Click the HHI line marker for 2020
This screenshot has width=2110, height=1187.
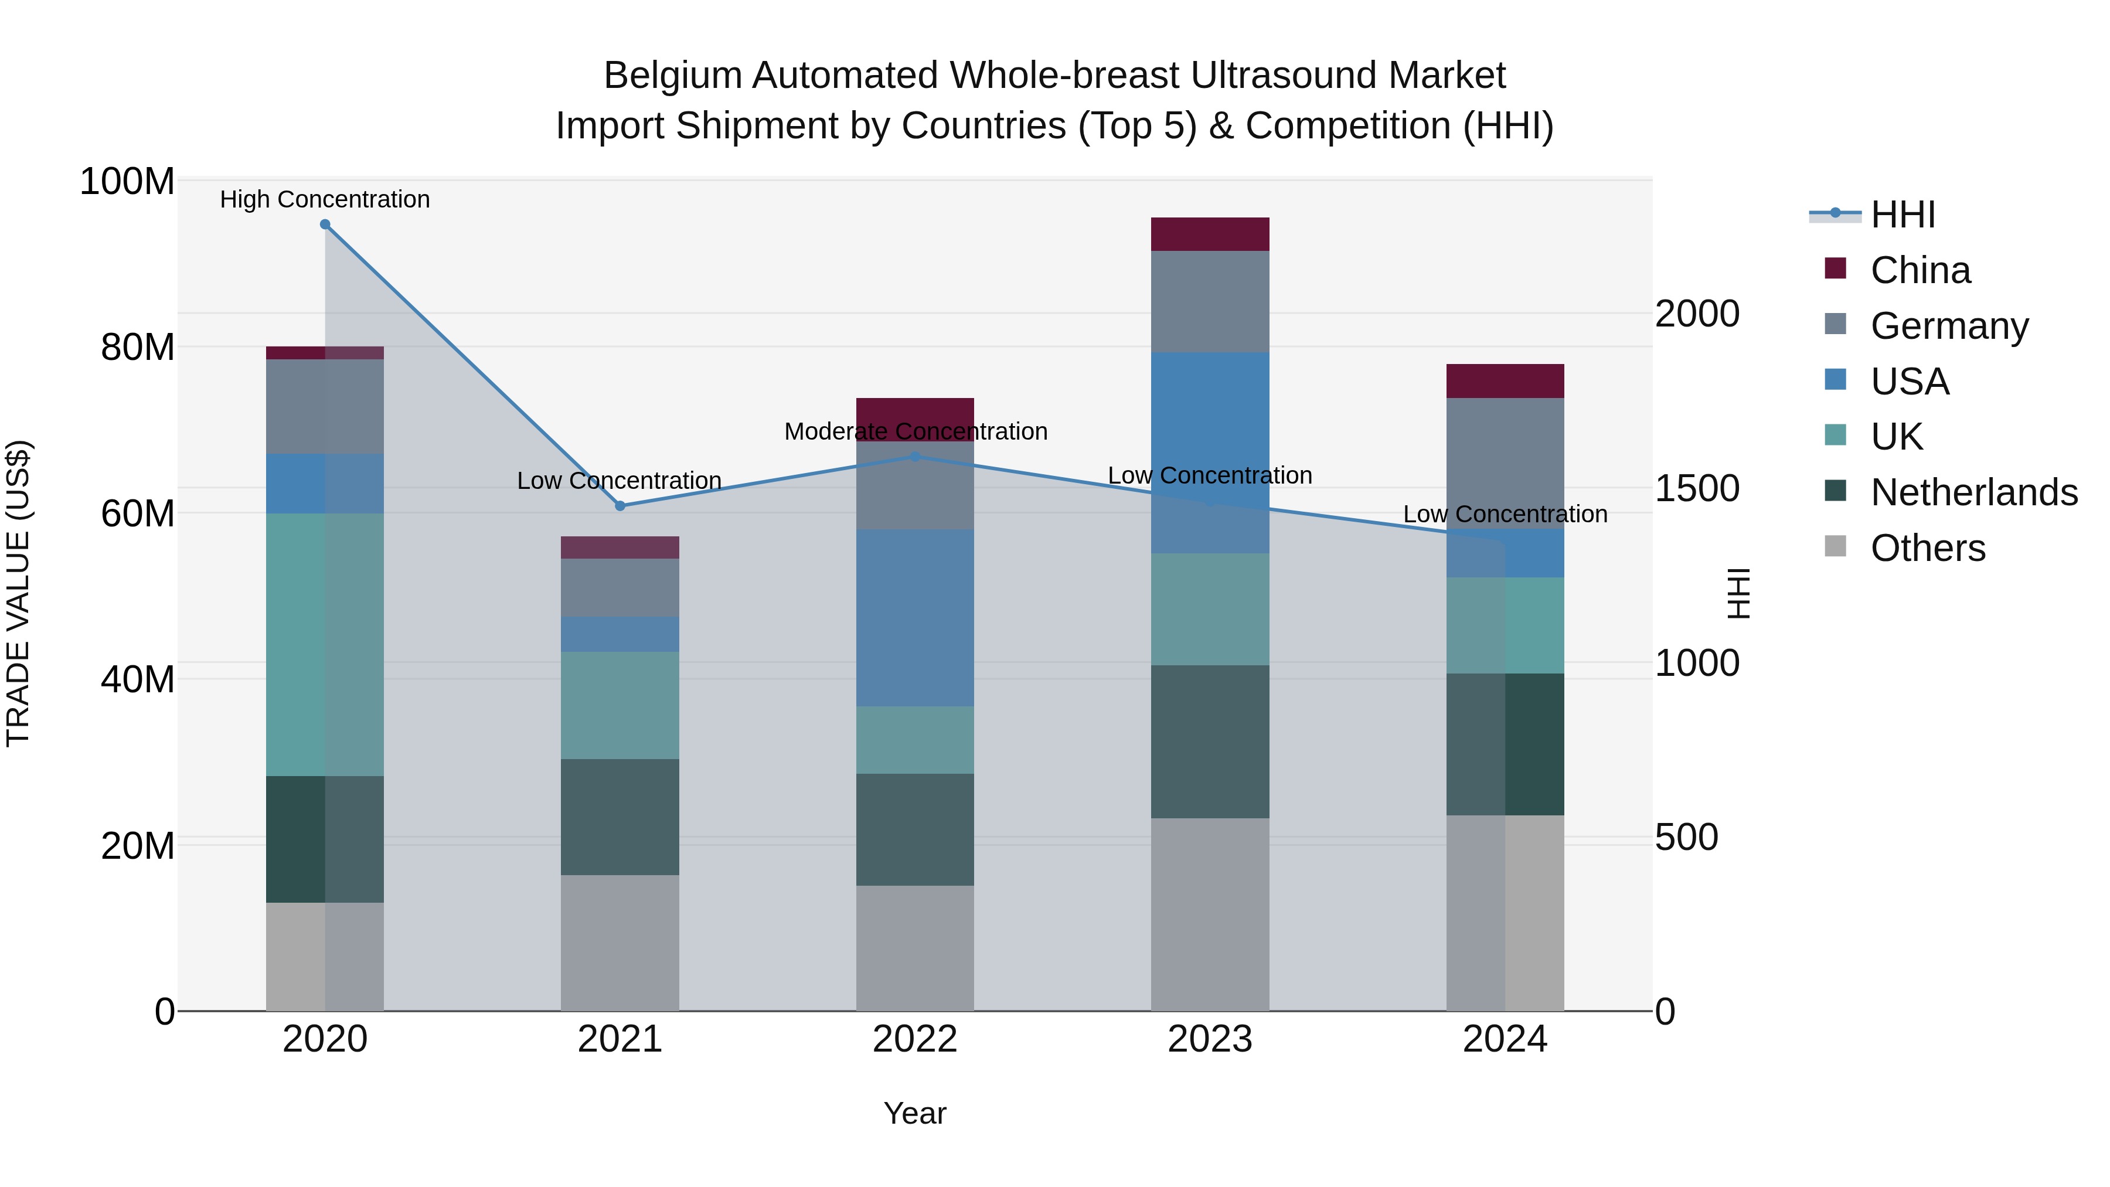(x=325, y=225)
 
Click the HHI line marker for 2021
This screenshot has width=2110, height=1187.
(x=620, y=506)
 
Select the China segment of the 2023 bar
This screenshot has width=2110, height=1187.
(x=1210, y=234)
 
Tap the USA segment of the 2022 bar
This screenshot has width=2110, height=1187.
(x=915, y=618)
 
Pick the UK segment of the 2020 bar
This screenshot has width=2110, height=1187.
(x=325, y=645)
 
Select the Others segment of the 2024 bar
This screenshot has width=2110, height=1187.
(x=1505, y=913)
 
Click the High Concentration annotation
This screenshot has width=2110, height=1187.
(x=325, y=200)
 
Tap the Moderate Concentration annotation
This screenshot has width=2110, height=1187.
(x=916, y=431)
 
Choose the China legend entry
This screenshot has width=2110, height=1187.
(x=1920, y=270)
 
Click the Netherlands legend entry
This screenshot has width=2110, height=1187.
(x=1974, y=492)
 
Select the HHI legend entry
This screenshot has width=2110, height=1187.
(x=1903, y=215)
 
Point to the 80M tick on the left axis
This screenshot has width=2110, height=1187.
(x=137, y=348)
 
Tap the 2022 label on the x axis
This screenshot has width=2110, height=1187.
(x=915, y=1039)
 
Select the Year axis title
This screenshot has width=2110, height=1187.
(x=915, y=1113)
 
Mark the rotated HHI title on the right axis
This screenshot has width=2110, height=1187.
(x=1737, y=593)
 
